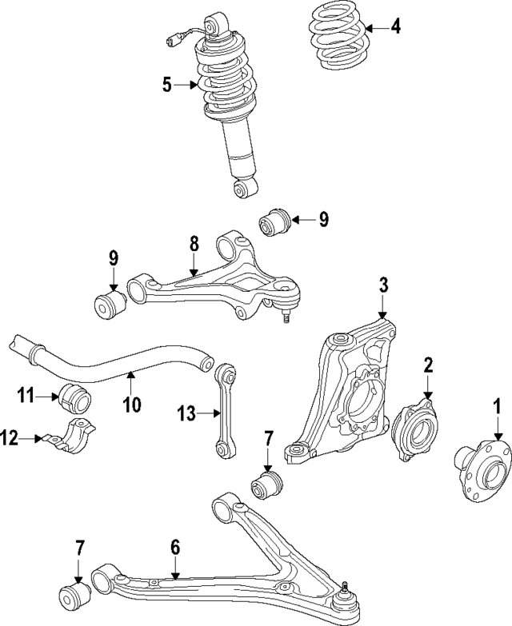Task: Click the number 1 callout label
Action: (497, 407)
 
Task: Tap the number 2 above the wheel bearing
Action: (428, 365)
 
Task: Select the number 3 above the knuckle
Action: (383, 285)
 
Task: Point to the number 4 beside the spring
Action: (395, 27)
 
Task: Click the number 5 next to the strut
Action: (167, 85)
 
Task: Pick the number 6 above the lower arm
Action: (175, 548)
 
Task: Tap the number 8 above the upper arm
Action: (193, 244)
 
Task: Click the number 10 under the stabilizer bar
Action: (131, 404)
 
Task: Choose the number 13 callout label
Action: (186, 413)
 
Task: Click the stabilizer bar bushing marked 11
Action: (74, 396)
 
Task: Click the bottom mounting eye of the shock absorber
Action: (245, 189)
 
